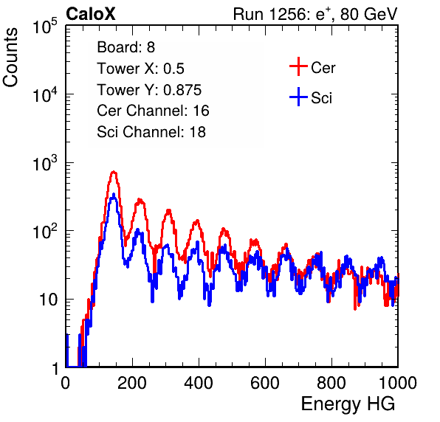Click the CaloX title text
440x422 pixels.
tap(91, 14)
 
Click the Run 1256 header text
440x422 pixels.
tap(315, 14)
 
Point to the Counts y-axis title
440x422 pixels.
tap(10, 57)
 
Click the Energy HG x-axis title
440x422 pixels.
tap(348, 404)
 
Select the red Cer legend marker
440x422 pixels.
tap(298, 66)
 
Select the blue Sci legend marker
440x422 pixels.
tap(298, 97)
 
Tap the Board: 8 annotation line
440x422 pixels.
tap(126, 47)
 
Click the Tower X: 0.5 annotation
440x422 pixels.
tap(140, 69)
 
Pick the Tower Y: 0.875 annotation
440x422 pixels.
tap(149, 90)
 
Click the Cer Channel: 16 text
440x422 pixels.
tap(153, 111)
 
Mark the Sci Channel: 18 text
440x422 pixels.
tap(151, 132)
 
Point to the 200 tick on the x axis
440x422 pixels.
tap(132, 383)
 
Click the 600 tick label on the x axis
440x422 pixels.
tap(265, 383)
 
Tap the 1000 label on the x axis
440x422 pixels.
tap(398, 383)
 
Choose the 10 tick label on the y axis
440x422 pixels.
tap(49, 300)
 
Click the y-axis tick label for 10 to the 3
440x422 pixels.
tap(45, 163)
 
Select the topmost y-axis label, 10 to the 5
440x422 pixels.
tap(45, 26)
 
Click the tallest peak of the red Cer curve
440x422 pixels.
tap(114, 171)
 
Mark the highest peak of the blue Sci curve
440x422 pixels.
tap(114, 194)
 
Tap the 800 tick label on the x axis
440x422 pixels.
tap(331, 383)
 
